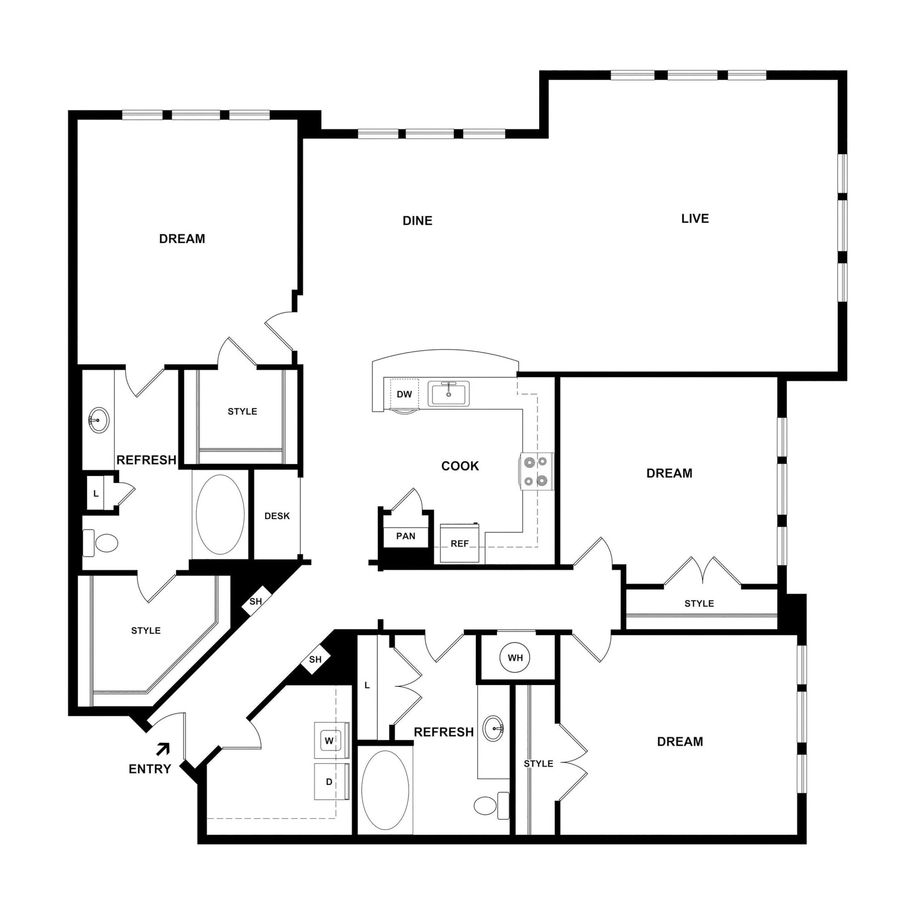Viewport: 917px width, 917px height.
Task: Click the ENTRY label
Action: (x=150, y=769)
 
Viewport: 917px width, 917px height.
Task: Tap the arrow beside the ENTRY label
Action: (x=163, y=750)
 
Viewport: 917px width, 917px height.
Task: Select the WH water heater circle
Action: (x=515, y=658)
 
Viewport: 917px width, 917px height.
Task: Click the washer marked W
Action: (x=330, y=741)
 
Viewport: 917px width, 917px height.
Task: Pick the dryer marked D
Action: (x=330, y=782)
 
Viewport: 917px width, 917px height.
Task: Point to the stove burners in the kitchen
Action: (x=536, y=471)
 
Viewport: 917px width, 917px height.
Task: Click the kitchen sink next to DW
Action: (x=449, y=394)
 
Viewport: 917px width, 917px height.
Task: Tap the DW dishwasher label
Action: (x=404, y=394)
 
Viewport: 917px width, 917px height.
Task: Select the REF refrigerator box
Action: (x=459, y=544)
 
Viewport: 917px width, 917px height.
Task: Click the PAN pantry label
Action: (x=406, y=536)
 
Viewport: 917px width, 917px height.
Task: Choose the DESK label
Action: (x=277, y=516)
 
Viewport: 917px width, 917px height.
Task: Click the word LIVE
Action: (x=695, y=219)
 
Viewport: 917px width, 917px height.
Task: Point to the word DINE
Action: (x=417, y=221)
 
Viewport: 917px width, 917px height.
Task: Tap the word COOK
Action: (x=460, y=466)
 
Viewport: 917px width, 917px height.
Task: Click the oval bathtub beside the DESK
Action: (x=220, y=514)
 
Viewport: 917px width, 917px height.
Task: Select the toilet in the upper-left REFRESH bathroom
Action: (x=102, y=543)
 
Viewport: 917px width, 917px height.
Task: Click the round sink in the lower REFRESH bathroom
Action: (x=493, y=728)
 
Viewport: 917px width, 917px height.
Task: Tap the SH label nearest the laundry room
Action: (x=315, y=660)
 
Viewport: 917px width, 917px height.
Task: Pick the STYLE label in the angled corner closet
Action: (x=146, y=631)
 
